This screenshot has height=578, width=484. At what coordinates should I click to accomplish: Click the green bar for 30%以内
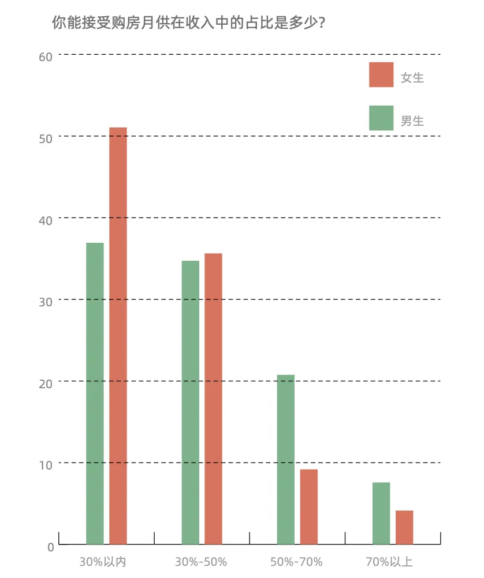pos(95,393)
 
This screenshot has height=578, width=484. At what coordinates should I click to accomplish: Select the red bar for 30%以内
pos(118,336)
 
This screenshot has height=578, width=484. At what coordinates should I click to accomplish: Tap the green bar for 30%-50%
pos(190,403)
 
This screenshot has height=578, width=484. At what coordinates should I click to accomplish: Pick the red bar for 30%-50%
pos(213,399)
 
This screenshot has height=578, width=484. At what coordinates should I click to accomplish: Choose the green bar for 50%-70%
pos(285,460)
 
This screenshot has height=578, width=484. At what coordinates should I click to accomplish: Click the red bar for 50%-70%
pos(309,507)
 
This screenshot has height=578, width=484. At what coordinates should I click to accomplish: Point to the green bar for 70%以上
pos(381,513)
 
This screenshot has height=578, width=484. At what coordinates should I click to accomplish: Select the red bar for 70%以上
pos(404,527)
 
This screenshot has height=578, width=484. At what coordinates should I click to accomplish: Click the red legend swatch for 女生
pos(381,75)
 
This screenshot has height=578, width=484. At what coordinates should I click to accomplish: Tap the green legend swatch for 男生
pos(381,118)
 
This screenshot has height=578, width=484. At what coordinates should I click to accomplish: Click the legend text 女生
pos(412,78)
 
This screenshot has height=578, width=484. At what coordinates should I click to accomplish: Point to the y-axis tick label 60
pos(46,57)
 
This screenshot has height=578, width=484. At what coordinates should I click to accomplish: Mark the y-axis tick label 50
pos(46,138)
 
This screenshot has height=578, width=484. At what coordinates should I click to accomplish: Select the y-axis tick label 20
pos(46,384)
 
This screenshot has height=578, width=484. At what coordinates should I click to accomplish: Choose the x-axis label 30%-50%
pos(201,562)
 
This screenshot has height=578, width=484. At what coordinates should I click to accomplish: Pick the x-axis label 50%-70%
pos(296,562)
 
